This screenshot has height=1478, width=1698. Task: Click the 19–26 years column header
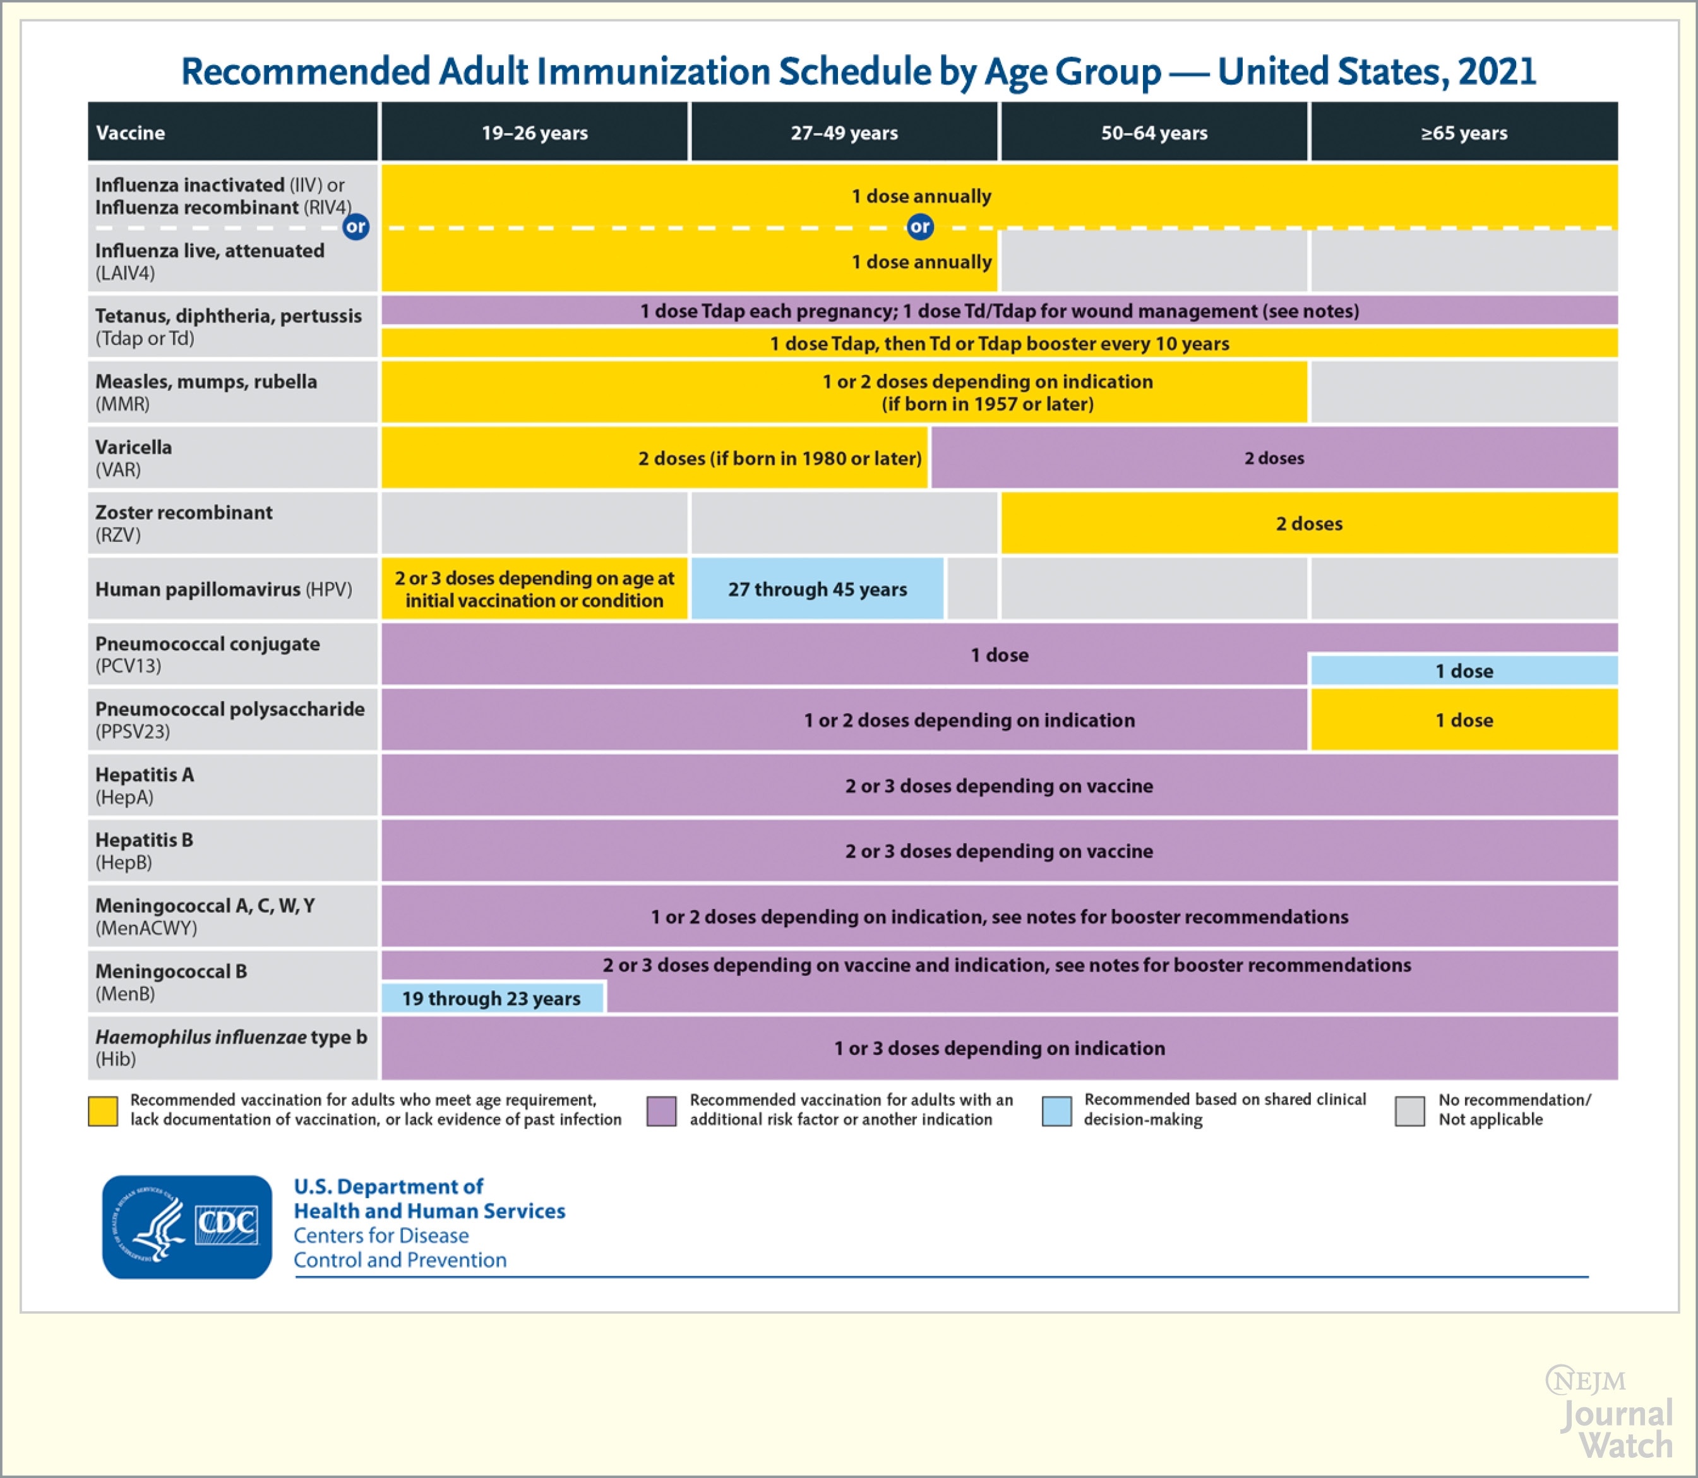pos(534,133)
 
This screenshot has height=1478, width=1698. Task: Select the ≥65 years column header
pos(1464,133)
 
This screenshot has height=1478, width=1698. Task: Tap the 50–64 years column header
pos(1154,133)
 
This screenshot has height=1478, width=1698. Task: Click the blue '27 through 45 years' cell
pos(817,589)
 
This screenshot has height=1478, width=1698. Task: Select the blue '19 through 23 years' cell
pos(491,998)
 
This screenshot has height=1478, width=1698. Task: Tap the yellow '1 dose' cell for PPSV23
pos(1464,720)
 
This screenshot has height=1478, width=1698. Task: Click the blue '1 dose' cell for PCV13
pos(1464,671)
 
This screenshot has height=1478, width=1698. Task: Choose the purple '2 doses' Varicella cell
pos(1274,458)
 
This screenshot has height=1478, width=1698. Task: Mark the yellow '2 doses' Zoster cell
pos(1309,524)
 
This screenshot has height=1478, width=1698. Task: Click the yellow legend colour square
pos(103,1111)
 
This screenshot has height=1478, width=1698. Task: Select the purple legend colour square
pos(661,1111)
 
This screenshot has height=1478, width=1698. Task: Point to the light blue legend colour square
pos(1056,1111)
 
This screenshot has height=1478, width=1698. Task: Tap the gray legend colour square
pos(1409,1111)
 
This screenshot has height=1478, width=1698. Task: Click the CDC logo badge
pos(187,1227)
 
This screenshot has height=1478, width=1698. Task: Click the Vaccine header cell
pos(232,133)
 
